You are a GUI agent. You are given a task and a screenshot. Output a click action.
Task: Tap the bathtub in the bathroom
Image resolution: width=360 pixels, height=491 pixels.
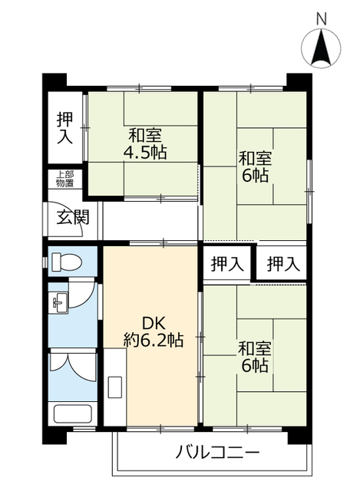click(72, 414)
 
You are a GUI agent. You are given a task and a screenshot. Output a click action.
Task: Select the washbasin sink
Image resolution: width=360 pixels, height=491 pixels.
click(59, 302)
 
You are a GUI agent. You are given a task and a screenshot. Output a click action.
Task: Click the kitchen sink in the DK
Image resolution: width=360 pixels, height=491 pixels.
click(115, 387)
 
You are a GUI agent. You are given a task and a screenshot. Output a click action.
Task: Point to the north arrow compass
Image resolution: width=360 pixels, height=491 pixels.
click(321, 48)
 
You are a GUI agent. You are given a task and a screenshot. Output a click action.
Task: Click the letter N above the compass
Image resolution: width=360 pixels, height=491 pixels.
click(321, 18)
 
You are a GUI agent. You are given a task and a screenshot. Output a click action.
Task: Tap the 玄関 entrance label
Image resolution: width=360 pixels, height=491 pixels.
click(73, 217)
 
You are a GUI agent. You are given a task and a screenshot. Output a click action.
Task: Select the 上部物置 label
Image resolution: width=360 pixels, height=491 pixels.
click(64, 179)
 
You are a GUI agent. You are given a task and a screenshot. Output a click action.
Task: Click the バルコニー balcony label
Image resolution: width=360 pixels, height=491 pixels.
click(217, 452)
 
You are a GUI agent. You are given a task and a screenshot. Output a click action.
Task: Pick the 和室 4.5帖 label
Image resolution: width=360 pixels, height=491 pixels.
click(145, 143)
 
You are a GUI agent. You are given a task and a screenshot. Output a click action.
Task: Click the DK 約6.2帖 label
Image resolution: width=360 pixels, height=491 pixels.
click(154, 331)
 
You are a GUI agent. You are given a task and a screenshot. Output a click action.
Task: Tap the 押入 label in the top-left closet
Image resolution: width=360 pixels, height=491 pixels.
click(64, 128)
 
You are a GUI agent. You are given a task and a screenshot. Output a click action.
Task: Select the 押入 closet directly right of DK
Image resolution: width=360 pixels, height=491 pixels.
click(227, 264)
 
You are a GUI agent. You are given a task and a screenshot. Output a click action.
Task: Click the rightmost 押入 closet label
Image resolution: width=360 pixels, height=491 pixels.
click(283, 264)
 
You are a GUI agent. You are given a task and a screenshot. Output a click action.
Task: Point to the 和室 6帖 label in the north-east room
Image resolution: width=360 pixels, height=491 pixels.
click(255, 167)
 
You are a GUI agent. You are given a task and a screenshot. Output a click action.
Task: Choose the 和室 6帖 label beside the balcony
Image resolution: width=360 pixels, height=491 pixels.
click(255, 357)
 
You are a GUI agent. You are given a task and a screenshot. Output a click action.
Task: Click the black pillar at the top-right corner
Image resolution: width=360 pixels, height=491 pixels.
click(299, 82)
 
